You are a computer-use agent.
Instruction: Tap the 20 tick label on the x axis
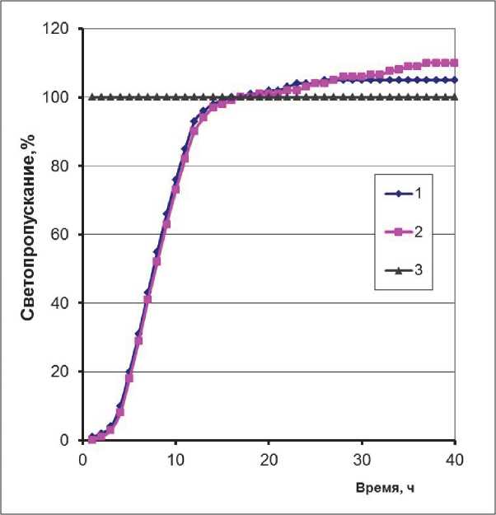click(269, 458)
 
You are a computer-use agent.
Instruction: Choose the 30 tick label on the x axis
click(362, 458)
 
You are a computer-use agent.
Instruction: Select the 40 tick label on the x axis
click(455, 458)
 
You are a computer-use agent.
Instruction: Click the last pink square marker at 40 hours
click(455, 63)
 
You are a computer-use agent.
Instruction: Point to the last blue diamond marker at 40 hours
click(455, 80)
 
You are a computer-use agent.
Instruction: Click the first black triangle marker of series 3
click(92, 97)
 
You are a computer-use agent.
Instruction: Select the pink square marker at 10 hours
click(175, 189)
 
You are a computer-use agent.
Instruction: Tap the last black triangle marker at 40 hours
click(455, 97)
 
